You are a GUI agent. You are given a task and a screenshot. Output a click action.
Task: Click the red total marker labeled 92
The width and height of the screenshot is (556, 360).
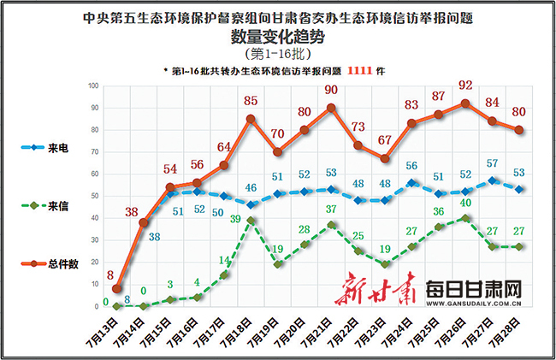[x=464, y=103]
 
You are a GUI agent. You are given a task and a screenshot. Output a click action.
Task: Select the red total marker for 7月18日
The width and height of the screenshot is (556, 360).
[x=251, y=119]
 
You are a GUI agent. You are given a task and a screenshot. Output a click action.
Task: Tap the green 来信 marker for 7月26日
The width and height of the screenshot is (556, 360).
[x=464, y=217]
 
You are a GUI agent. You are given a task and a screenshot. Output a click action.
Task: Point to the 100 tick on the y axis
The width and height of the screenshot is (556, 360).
[x=94, y=86]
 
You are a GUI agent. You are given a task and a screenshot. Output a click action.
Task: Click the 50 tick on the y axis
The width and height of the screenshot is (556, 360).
[x=96, y=196]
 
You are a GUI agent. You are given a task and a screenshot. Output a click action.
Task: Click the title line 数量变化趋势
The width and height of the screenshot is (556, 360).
[x=278, y=37]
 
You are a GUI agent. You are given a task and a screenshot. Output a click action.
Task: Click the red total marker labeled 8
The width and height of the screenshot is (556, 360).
[x=117, y=289]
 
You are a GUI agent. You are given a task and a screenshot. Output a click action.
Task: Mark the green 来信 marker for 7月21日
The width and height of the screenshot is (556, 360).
[x=331, y=224]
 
